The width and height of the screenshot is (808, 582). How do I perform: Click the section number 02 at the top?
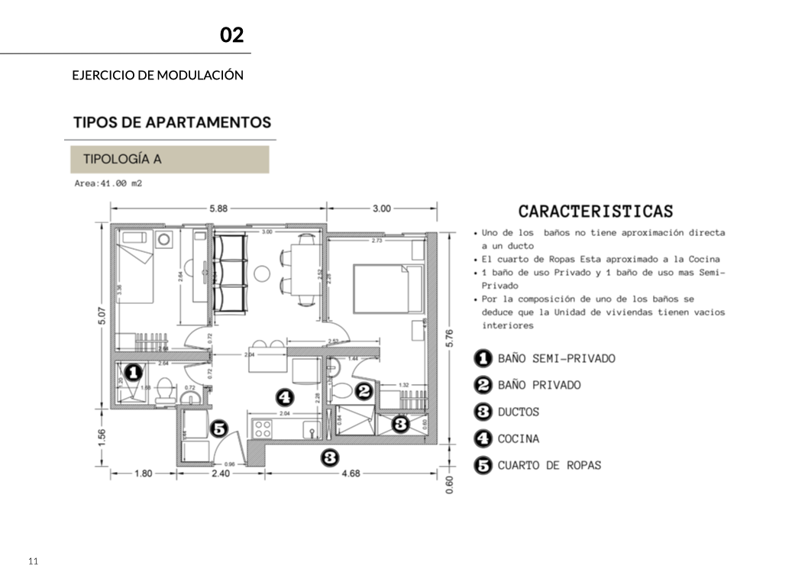231,35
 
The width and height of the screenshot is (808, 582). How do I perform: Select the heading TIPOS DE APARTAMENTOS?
172,122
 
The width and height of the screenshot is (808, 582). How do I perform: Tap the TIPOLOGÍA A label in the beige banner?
122,160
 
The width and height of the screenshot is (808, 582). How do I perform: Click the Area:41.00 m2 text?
108,184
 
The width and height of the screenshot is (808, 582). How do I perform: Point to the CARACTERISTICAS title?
596,212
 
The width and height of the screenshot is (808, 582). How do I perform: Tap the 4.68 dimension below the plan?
351,474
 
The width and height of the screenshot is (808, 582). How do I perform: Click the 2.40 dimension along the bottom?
220,474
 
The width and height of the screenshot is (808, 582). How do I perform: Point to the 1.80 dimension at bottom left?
144,474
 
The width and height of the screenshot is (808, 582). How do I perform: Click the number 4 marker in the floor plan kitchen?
284,396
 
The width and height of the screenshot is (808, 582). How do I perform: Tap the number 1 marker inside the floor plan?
132,373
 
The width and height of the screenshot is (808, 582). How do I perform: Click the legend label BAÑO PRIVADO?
538,385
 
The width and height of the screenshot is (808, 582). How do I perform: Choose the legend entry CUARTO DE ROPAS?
549,465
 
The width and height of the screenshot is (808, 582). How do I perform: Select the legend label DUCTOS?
518,412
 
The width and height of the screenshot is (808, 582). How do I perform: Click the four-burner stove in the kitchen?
263,428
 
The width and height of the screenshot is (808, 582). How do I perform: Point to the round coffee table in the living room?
263,272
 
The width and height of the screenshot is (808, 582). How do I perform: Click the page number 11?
33,561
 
